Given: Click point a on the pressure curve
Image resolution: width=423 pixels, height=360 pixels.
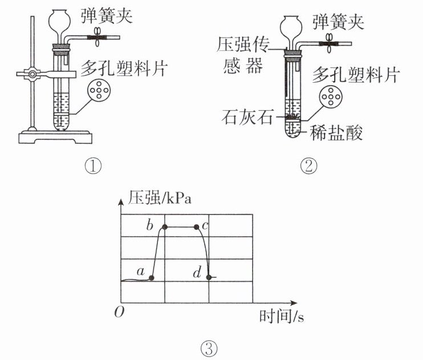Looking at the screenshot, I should click(152, 278).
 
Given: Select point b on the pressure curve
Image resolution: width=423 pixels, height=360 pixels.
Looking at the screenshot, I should click(165, 227).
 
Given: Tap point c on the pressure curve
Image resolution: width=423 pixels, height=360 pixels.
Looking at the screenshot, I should click(197, 227).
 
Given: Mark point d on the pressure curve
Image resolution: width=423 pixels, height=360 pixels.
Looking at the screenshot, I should click(209, 277).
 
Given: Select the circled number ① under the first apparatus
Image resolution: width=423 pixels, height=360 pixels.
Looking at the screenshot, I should click(92, 166).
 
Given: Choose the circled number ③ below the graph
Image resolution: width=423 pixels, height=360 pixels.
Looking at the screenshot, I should click(209, 347).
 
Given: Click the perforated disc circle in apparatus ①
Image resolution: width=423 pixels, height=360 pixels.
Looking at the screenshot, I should click(100, 91).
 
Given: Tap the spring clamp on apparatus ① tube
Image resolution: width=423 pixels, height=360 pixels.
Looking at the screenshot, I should click(100, 38).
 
